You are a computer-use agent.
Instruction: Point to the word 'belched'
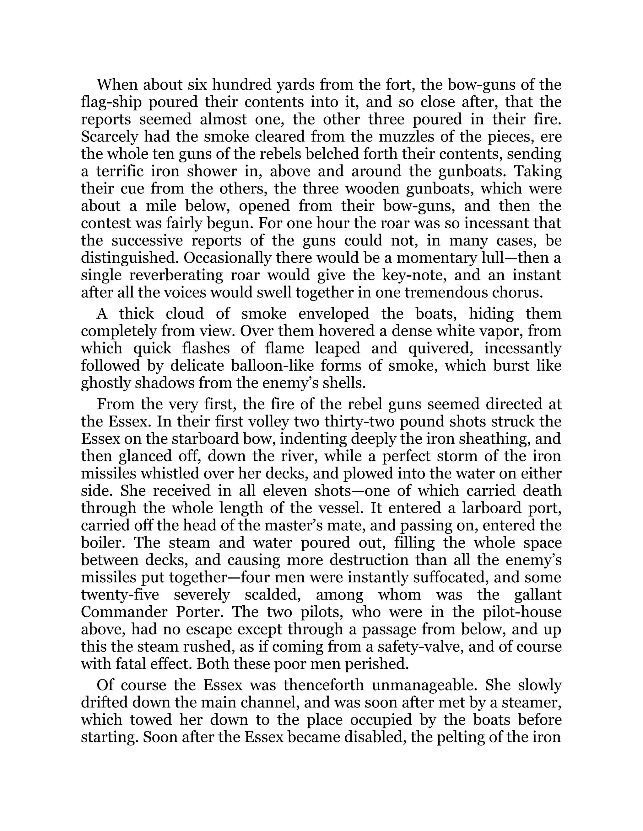coord(317,154)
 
